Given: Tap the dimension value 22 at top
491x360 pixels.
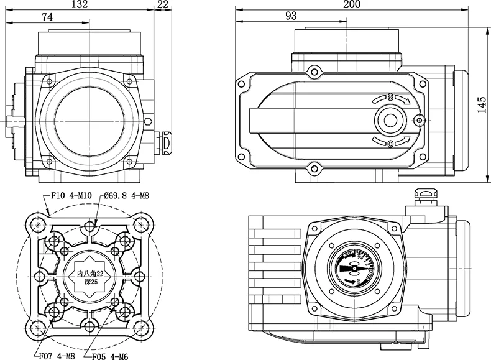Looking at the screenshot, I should click(163, 5).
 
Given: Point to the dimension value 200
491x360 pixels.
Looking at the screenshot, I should click(352, 5).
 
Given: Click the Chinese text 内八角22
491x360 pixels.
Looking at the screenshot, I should click(90, 274).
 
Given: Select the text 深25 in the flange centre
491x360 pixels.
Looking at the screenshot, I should click(90, 284).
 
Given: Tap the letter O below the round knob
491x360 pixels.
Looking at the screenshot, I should click(390, 144).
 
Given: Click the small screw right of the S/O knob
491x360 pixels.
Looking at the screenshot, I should click(421, 120).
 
